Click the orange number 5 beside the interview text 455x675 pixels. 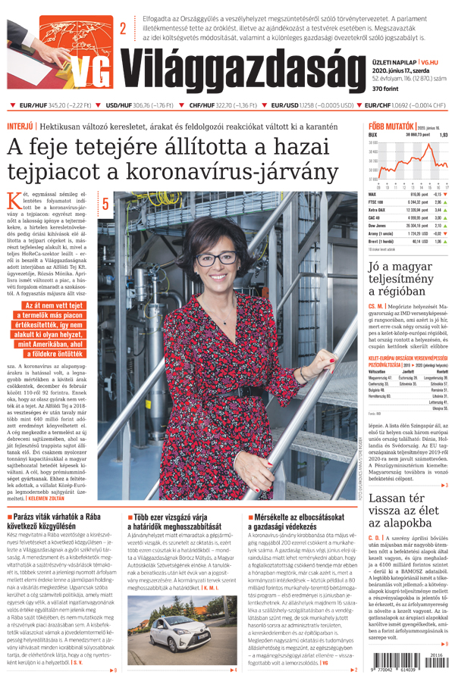click(x=105, y=203)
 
